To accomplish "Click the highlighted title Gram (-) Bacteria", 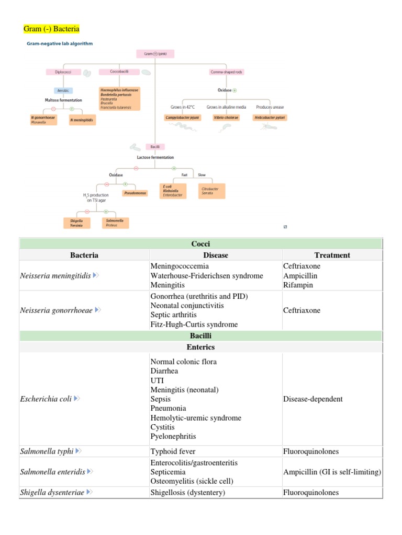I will tap(52, 28).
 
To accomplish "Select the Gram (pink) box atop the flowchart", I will tap(155, 53).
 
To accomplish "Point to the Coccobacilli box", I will tap(120, 72).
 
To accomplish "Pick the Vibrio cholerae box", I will tap(226, 118).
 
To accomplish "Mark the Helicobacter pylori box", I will tap(270, 118).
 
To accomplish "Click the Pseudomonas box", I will tap(135, 193).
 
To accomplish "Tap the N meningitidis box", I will tap(82, 120).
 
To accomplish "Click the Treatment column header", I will tap(332, 255).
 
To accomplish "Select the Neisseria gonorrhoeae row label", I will tap(56, 310).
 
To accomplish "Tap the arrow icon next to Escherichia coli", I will tap(77, 399).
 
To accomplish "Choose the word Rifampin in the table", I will tap(298, 285).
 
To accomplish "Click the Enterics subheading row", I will tap(200, 347).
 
